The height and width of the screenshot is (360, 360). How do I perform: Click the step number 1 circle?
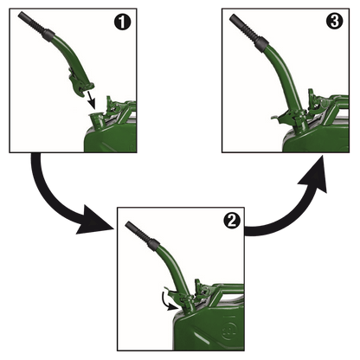[x=122, y=22]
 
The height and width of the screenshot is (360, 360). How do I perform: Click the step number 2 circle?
[x=232, y=221]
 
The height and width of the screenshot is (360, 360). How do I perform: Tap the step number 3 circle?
[x=335, y=22]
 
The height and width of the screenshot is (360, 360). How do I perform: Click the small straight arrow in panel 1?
[x=90, y=100]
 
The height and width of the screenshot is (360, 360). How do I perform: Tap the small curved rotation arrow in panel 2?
[x=168, y=301]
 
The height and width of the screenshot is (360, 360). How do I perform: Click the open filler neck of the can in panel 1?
[x=96, y=120]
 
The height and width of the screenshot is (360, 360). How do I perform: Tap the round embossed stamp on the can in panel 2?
[x=229, y=330]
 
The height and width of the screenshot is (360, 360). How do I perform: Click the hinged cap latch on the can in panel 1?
[x=113, y=106]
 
